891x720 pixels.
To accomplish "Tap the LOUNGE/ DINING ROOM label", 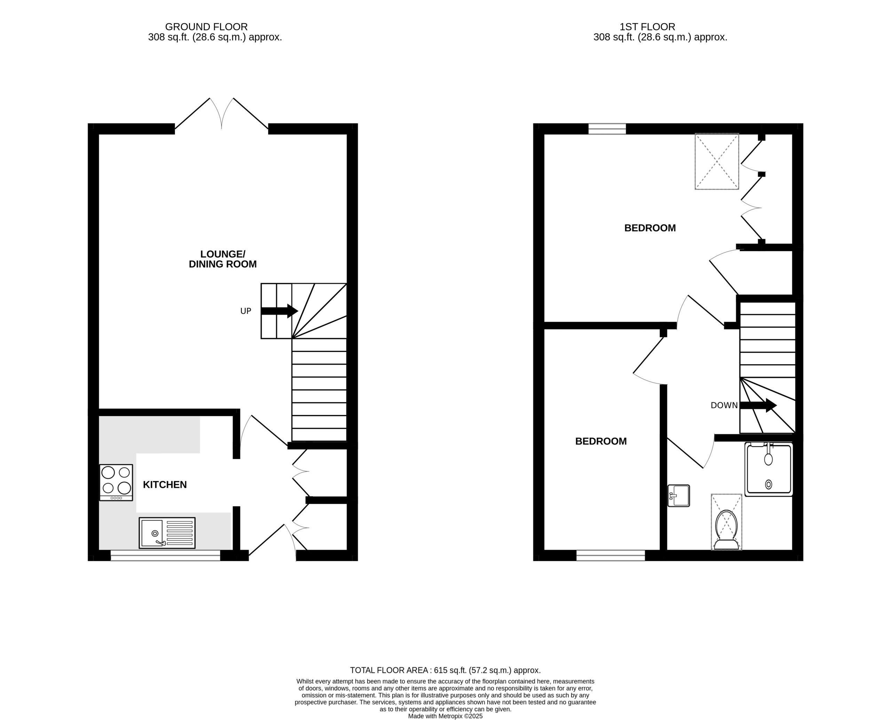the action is pyautogui.click(x=223, y=259).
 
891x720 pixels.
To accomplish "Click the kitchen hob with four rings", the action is pyautogui.click(x=116, y=482).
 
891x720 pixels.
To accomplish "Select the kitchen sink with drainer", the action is pyautogui.click(x=167, y=533).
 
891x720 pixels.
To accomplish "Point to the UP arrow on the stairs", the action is pyautogui.click(x=279, y=311).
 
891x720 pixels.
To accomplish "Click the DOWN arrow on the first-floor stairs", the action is pyautogui.click(x=758, y=405).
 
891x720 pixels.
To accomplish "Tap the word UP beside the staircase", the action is pyautogui.click(x=246, y=311).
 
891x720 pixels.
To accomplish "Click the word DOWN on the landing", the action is pyautogui.click(x=724, y=405).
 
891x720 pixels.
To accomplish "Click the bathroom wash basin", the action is pyautogui.click(x=679, y=496).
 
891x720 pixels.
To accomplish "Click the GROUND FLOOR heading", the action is pyautogui.click(x=206, y=26).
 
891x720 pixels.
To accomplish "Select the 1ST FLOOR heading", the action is pyautogui.click(x=647, y=26).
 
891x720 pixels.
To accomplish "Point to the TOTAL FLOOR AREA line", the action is pyautogui.click(x=445, y=670).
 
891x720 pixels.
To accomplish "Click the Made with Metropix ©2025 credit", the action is pyautogui.click(x=445, y=716).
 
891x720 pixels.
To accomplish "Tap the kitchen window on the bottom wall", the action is pyautogui.click(x=165, y=555).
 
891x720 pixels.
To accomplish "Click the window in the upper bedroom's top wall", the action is pyautogui.click(x=607, y=128).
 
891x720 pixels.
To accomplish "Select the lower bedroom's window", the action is pyautogui.click(x=611, y=555).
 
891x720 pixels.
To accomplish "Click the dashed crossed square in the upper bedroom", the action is pyautogui.click(x=717, y=161).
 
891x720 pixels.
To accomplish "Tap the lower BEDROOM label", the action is pyautogui.click(x=601, y=441).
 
